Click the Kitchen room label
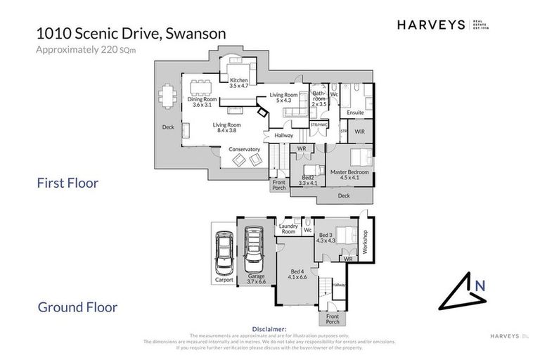[x=239, y=83]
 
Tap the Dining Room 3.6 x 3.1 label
[x=202, y=102]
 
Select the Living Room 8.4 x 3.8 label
[x=227, y=127]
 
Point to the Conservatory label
[x=244, y=149]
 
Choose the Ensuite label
[x=355, y=112]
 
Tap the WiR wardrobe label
[x=359, y=131]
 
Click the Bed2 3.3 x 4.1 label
[x=308, y=181]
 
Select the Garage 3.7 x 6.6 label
[x=256, y=278]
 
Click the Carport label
[x=224, y=280]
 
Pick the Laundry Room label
[x=288, y=229]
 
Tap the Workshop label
[x=365, y=243]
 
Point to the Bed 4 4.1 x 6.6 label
[x=297, y=274]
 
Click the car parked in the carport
[x=225, y=254]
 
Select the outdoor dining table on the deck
[x=167, y=96]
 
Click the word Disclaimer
[x=269, y=328]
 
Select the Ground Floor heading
[x=77, y=307]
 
